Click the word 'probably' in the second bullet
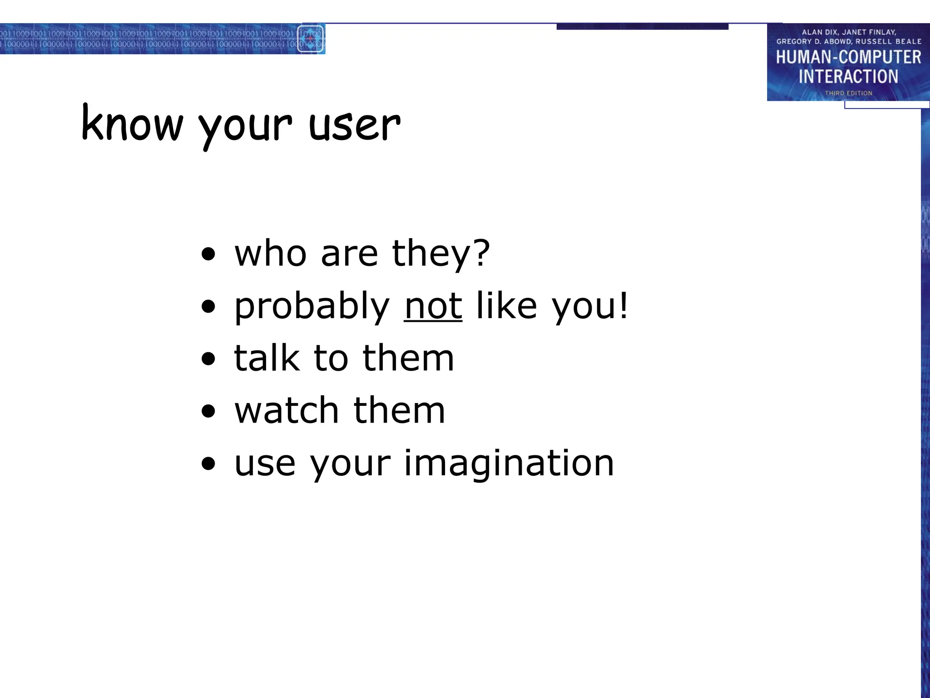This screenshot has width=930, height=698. click(312, 307)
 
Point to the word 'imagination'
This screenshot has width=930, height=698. click(509, 464)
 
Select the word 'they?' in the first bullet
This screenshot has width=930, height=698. click(440, 254)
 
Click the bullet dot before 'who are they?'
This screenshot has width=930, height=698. click(208, 255)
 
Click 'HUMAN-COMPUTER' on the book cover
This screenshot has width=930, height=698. click(848, 57)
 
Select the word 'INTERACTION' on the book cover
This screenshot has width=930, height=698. click(848, 76)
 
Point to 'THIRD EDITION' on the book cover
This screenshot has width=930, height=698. click(848, 93)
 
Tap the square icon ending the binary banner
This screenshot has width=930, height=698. click(311, 39)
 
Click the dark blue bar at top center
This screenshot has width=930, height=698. click(642, 27)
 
